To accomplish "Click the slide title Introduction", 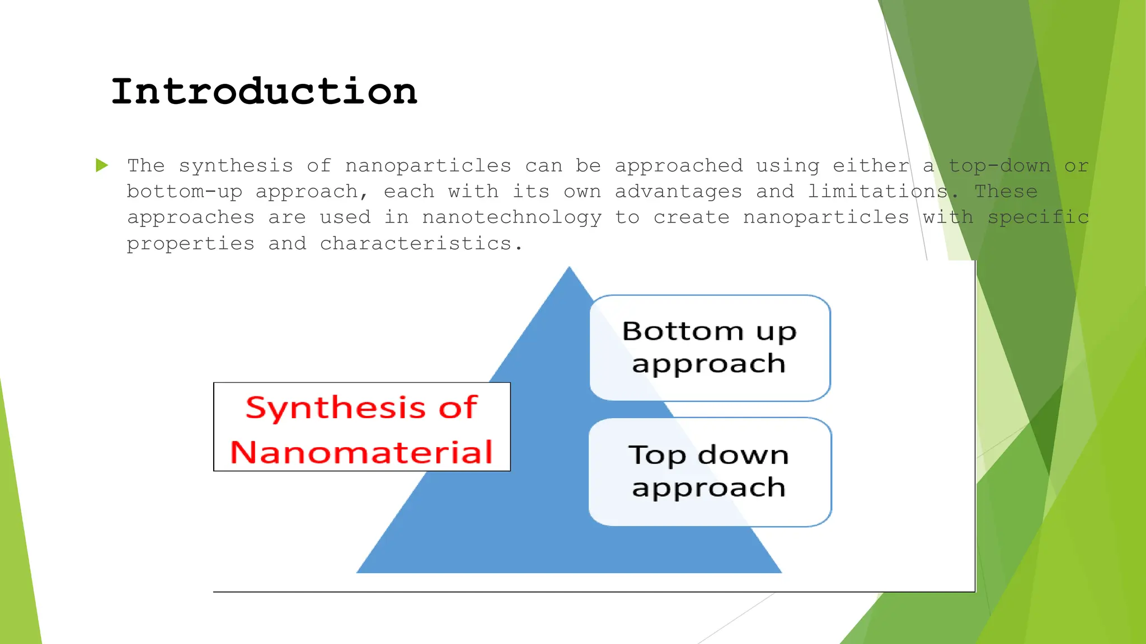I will tap(264, 92).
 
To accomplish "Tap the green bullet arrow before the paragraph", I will tap(102, 165).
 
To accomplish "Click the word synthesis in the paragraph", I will tap(236, 166).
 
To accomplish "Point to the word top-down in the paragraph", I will tap(999, 166).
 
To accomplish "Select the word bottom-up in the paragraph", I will tap(185, 192).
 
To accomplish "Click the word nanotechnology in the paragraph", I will tap(511, 218).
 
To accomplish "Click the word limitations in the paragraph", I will tap(877, 192).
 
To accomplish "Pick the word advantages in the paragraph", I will tap(678, 192).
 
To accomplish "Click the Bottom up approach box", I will tap(710, 348).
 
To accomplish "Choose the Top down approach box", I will tap(710, 472).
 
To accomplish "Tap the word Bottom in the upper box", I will tap(683, 331).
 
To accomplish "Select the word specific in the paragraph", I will tap(1039, 218).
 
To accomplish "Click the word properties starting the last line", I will tap(190, 244).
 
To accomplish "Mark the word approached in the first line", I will tap(678, 166).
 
